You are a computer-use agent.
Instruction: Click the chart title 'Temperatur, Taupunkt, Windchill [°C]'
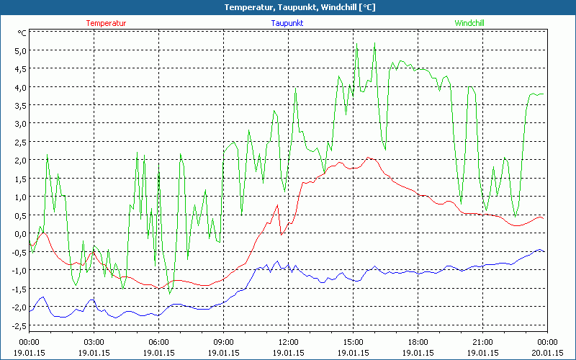(x=288, y=7)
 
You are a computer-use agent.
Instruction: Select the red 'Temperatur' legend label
(x=106, y=23)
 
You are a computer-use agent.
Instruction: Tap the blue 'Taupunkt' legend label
(x=287, y=23)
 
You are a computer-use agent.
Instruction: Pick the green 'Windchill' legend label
(x=469, y=23)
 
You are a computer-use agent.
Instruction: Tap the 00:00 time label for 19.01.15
(x=29, y=342)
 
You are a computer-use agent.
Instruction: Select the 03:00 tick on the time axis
(x=94, y=342)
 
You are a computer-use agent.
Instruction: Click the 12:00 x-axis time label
(x=288, y=342)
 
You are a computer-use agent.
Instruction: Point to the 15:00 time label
(x=353, y=342)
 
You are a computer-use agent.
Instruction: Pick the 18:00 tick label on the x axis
(x=418, y=342)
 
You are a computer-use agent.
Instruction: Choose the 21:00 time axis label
(x=482, y=342)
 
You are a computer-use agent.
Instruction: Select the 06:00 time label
(x=158, y=342)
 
